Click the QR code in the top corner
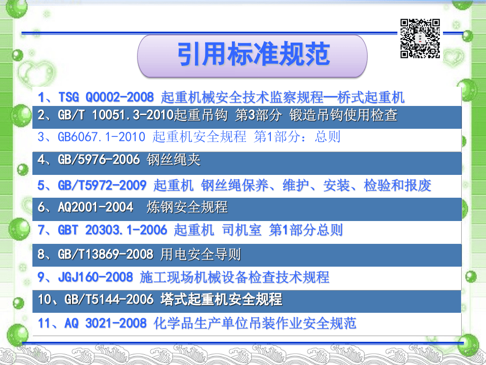(420, 39)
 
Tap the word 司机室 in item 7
(242, 230)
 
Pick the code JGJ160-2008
(96, 277)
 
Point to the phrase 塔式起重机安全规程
(221, 300)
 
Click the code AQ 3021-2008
(105, 323)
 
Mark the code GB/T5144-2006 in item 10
(109, 300)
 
